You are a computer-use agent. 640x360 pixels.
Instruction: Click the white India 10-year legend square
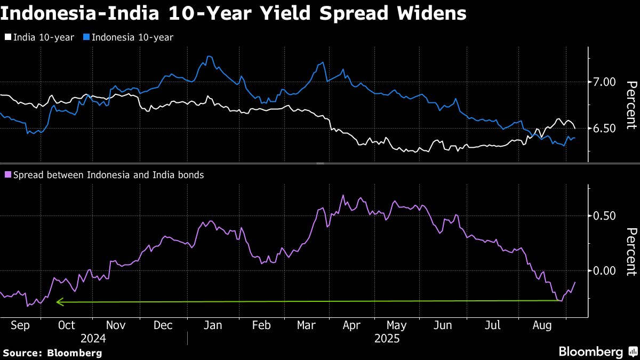tap(7, 37)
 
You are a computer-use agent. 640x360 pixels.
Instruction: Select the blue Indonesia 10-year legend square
tap(85, 37)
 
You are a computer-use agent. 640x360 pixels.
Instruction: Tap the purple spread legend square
tap(7, 174)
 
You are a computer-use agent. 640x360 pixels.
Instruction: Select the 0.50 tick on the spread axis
tap(604, 216)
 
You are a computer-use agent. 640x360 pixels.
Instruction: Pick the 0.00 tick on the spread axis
tap(604, 270)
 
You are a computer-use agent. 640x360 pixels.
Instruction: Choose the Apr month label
tap(351, 326)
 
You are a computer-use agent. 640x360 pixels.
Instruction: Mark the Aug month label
tap(543, 326)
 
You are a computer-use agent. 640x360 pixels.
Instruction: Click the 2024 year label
tap(93, 339)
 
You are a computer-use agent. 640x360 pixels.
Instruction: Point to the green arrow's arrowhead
tap(59, 302)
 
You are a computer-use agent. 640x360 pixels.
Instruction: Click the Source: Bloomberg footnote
tap(52, 353)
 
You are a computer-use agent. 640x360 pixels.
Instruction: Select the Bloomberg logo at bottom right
tap(597, 351)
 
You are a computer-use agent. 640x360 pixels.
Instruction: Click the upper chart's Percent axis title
tap(631, 105)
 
